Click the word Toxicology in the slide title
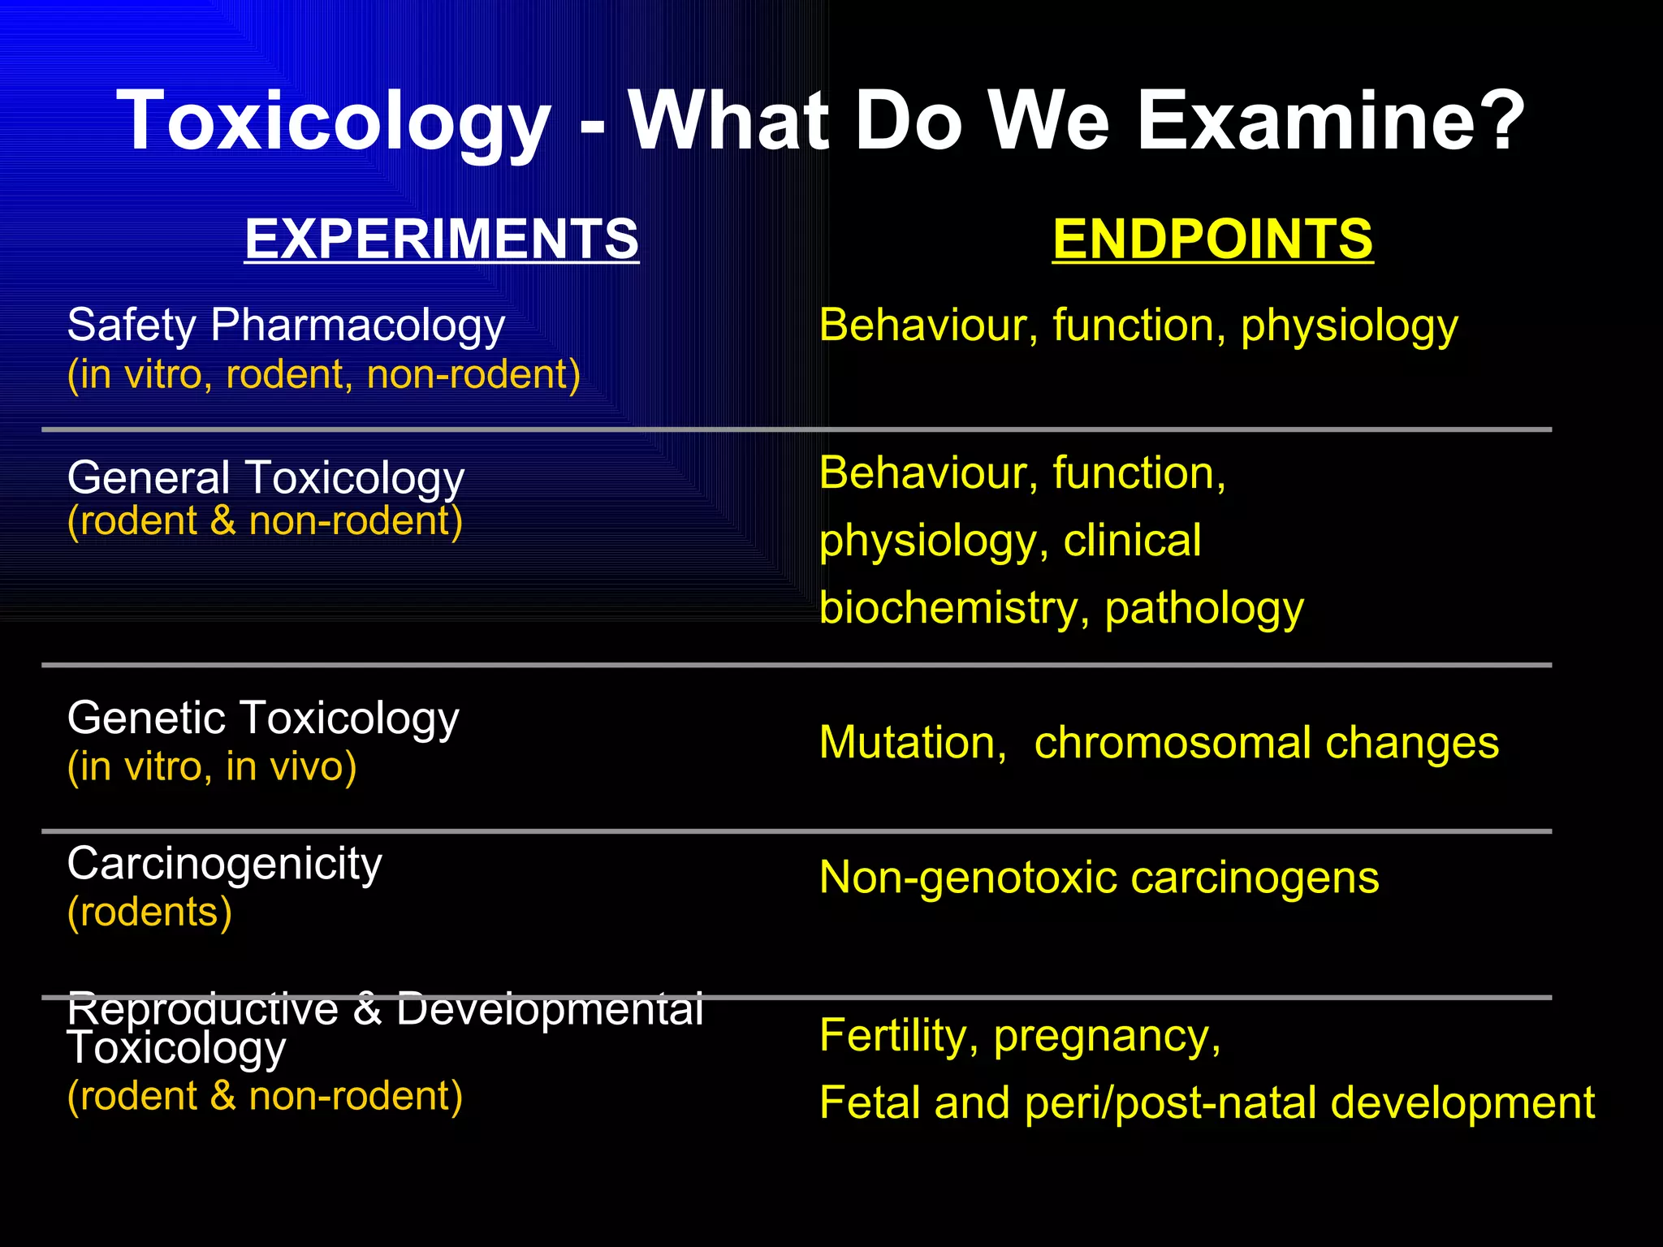(x=333, y=122)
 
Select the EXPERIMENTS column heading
(x=442, y=239)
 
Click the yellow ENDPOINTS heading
(x=1212, y=239)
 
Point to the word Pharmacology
(x=357, y=326)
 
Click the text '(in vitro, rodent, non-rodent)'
(x=324, y=375)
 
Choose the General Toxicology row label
(x=266, y=477)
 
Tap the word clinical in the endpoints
(x=1132, y=541)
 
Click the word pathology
(x=1204, y=608)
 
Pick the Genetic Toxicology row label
(x=263, y=718)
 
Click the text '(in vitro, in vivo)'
(x=212, y=767)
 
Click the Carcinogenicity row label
(x=224, y=864)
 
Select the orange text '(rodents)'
(x=149, y=913)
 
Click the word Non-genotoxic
(x=967, y=878)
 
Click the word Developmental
(x=550, y=1010)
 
